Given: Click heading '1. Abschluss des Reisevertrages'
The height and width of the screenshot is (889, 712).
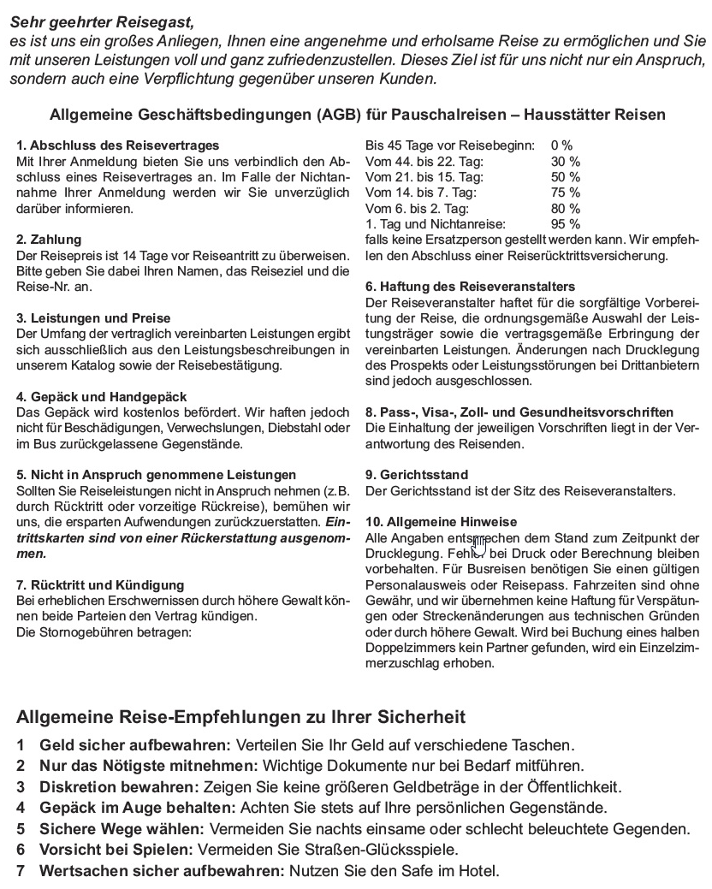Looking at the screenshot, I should click(x=118, y=145).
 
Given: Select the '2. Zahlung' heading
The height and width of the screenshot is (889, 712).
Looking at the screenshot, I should click(x=50, y=240).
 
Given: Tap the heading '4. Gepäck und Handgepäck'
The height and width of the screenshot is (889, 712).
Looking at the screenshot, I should click(x=102, y=397).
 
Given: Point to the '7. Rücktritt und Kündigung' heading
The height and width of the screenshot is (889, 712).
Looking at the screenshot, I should click(x=100, y=585).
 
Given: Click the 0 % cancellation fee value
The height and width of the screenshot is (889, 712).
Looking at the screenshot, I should click(x=562, y=145).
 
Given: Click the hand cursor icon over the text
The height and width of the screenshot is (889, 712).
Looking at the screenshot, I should click(x=478, y=545).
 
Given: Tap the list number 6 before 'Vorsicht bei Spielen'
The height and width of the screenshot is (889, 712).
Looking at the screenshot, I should click(x=21, y=850).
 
